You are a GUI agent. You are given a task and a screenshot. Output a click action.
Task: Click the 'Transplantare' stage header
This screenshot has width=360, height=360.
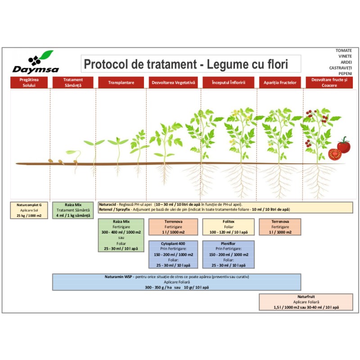pyautogui.click(x=121, y=82)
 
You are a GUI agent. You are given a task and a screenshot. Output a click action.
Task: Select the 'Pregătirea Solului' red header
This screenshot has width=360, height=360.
pyautogui.click(x=29, y=82)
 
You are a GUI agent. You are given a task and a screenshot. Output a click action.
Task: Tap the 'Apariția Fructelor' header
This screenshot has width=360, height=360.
pyautogui.click(x=280, y=82)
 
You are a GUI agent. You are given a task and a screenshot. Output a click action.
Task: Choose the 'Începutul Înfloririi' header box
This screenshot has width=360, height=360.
pyautogui.click(x=229, y=82)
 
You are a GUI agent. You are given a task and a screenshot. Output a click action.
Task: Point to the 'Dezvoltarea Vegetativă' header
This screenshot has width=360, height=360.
pyautogui.click(x=173, y=82)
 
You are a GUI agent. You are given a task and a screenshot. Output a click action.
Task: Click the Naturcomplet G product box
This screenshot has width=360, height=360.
pyautogui.click(x=29, y=210)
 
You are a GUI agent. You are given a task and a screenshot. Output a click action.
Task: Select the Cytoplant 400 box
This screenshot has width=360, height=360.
pyautogui.click(x=173, y=254)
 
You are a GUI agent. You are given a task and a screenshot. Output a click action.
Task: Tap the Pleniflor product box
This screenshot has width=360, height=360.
pyautogui.click(x=229, y=254)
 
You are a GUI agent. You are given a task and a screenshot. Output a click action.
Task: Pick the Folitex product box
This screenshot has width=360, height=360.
pyautogui.click(x=229, y=227)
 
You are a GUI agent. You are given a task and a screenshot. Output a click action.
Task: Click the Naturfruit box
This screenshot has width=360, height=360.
pyautogui.click(x=306, y=302)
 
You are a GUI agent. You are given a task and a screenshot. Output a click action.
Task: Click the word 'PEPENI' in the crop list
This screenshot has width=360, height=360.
pyautogui.click(x=345, y=74)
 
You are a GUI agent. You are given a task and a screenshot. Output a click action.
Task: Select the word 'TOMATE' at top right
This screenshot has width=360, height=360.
pyautogui.click(x=344, y=50)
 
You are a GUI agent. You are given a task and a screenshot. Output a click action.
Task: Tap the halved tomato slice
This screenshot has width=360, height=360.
pyautogui.click(x=335, y=154)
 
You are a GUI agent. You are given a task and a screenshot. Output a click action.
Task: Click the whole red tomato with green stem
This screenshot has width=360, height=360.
pyautogui.click(x=344, y=145)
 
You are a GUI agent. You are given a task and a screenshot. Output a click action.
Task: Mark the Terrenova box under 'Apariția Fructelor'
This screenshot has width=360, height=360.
pyautogui.click(x=280, y=227)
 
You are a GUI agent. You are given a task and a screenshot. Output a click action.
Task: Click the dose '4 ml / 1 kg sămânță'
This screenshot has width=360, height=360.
pyautogui.click(x=73, y=216)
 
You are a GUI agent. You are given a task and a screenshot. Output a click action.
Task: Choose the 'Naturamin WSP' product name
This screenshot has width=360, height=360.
pyautogui.click(x=118, y=277)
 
